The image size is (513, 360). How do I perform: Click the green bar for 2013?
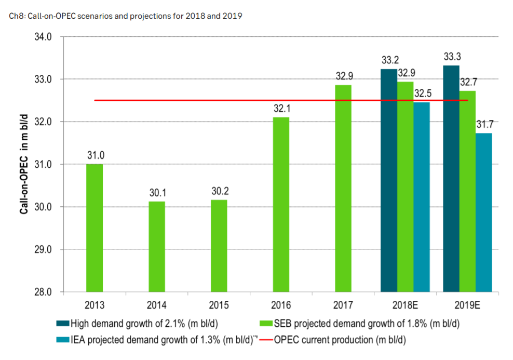point(94,228)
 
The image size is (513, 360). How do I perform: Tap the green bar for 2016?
point(281,204)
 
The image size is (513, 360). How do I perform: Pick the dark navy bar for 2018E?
point(389,180)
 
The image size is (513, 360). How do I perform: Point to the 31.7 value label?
point(484,124)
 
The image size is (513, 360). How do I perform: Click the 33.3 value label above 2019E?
point(451,56)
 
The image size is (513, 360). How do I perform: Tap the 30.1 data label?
point(157,193)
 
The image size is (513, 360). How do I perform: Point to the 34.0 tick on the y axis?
point(43,37)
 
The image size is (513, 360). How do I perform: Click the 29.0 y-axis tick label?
point(43,249)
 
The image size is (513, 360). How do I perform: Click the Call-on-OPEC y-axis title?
point(24,164)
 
